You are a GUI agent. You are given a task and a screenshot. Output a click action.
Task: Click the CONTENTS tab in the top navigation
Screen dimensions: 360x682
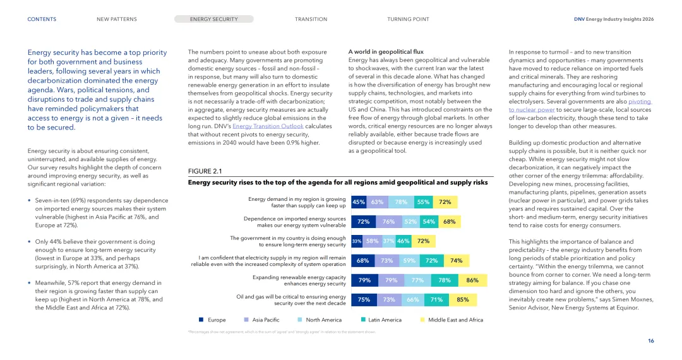[42, 20]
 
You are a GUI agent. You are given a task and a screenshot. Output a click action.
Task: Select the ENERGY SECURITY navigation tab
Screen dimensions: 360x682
[214, 20]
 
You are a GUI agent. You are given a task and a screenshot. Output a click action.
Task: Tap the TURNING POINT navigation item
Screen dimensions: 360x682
[408, 20]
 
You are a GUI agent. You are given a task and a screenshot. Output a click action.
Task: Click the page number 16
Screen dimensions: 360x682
[650, 341]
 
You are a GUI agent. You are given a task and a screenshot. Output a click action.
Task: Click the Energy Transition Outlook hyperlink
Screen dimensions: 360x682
[268, 126]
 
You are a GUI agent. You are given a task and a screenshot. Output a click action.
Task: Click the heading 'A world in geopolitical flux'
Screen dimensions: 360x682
[386, 52]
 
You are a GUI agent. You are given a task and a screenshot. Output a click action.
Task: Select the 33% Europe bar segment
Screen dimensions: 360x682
[357, 241]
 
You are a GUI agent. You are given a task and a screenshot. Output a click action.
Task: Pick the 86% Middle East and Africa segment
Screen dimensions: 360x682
[472, 280]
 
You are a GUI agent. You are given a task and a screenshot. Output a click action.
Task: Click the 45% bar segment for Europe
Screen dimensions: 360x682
[359, 202]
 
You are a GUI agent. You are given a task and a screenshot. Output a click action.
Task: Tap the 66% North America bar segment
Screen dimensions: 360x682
[413, 300]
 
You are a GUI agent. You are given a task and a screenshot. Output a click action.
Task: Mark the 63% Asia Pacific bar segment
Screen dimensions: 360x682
[377, 202]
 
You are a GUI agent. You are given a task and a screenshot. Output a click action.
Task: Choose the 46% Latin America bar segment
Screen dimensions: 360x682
[404, 241]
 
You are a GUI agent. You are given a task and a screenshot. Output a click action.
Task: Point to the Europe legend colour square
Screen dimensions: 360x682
[201, 320]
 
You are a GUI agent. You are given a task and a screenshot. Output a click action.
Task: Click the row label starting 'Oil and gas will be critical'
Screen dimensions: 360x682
[290, 300]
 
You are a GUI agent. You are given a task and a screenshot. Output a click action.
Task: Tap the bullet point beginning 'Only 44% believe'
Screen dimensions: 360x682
[95, 250]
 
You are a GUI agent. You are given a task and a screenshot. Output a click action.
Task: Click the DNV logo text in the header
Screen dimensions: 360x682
[579, 20]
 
